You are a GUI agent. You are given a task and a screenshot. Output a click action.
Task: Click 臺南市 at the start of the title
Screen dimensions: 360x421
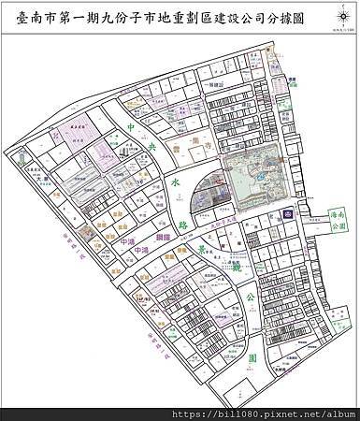coord(43,18)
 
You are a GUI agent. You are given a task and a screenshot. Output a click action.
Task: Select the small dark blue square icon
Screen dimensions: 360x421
coord(287,214)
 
